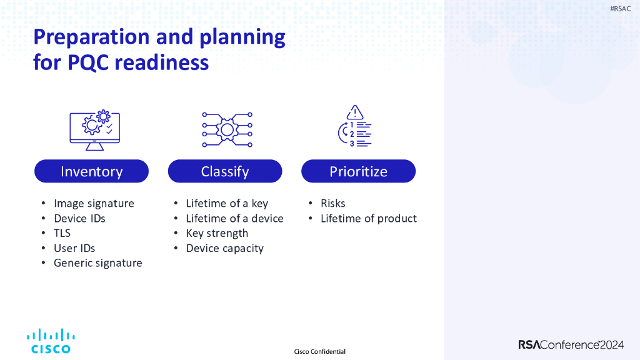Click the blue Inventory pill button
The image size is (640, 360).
click(91, 171)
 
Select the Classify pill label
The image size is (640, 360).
click(225, 171)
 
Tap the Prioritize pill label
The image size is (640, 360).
click(358, 171)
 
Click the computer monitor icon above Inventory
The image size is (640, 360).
click(94, 130)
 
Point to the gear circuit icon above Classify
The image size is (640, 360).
click(227, 130)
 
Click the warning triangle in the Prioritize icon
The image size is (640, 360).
click(355, 112)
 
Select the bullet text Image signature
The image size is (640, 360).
click(94, 203)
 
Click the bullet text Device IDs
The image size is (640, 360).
click(79, 218)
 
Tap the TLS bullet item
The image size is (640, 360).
click(62, 233)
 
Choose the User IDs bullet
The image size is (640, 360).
click(74, 248)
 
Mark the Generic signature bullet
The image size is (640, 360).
click(97, 263)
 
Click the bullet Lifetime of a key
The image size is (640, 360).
click(227, 203)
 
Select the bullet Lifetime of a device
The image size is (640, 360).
click(234, 218)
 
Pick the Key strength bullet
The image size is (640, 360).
click(217, 233)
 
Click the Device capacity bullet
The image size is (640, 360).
click(224, 248)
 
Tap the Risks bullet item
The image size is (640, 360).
click(332, 203)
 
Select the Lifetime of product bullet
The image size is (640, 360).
click(368, 218)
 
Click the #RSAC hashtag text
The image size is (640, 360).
click(620, 9)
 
